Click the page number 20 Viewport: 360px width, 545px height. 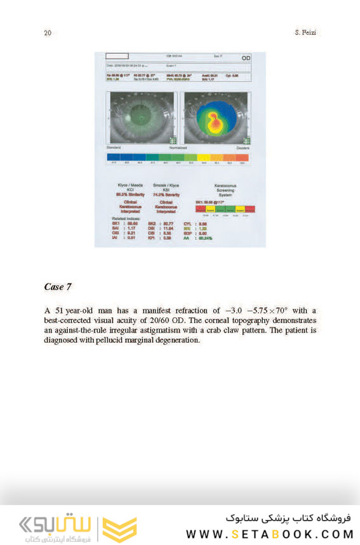48,33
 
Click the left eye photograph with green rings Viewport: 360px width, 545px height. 142,117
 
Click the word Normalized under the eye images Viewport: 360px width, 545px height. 178,148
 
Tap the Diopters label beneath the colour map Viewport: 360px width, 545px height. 243,148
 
